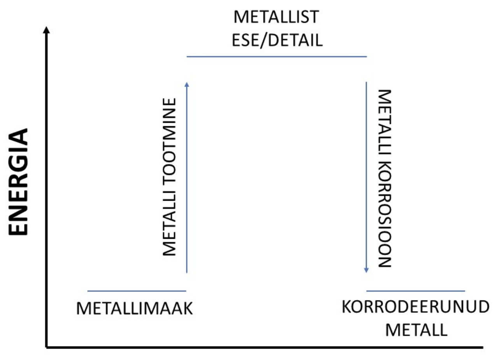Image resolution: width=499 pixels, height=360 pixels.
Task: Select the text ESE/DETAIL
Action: click(x=277, y=40)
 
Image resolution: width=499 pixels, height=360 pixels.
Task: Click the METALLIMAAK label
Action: click(x=135, y=309)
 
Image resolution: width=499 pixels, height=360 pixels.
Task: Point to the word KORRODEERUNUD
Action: click(x=415, y=307)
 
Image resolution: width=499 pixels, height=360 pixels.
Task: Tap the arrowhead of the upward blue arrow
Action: click(x=187, y=84)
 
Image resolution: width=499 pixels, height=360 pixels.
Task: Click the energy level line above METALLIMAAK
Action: click(x=137, y=291)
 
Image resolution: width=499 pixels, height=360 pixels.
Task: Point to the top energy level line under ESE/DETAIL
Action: click(x=277, y=56)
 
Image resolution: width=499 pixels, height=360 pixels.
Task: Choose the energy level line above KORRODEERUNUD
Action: click(x=416, y=291)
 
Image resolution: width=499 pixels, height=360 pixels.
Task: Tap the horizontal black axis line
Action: click(x=265, y=346)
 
